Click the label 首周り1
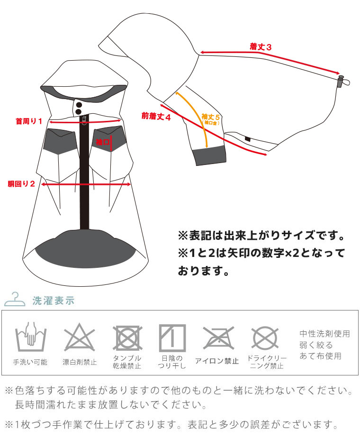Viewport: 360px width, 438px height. [29, 121]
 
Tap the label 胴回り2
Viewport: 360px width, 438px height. [21, 184]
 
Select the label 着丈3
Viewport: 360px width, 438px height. [261, 46]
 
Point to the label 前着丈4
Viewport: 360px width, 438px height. [156, 116]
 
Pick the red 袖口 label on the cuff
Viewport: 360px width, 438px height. [102, 142]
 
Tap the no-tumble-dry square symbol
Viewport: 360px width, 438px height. [127, 338]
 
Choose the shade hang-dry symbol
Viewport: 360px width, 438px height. [172, 338]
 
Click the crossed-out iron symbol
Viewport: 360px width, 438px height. [218, 338]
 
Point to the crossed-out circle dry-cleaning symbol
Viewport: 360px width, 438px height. [265, 338]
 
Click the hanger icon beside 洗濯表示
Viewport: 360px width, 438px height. [15, 300]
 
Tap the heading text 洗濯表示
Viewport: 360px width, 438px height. [54, 301]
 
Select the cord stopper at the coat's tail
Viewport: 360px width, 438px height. [341, 81]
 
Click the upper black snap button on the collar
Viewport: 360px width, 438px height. [79, 105]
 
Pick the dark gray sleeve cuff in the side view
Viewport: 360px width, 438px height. [209, 155]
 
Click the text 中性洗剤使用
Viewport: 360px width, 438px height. [325, 334]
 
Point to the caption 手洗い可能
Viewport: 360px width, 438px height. [30, 362]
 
